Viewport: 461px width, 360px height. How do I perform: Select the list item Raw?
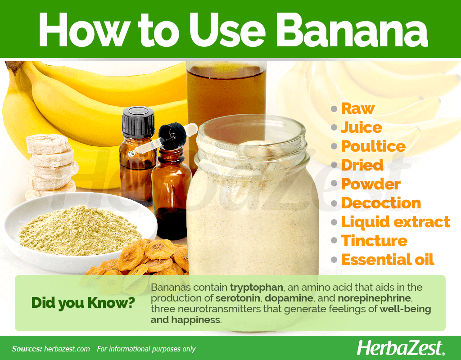pos(358,108)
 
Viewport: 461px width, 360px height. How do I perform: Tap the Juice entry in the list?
pos(362,127)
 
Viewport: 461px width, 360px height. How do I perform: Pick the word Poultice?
pos(373,146)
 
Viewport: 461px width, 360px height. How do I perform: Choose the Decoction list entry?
pos(381,203)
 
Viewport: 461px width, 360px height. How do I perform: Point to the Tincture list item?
pos(374,241)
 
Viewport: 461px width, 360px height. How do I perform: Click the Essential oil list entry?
pos(388,260)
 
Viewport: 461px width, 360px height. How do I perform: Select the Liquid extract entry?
pos(395,222)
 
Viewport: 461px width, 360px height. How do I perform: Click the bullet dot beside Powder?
pos(334,184)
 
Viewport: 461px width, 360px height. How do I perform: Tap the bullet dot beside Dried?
pos(334,165)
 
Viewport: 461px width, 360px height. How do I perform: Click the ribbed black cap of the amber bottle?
pos(138,121)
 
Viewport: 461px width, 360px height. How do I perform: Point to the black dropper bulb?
pos(172,135)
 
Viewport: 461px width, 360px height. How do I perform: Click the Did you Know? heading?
pos(83,303)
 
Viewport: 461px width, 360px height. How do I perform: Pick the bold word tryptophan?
pos(256,287)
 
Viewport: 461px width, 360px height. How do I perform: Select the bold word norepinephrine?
pos(374,298)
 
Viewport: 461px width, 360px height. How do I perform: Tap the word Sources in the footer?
pos(27,349)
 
